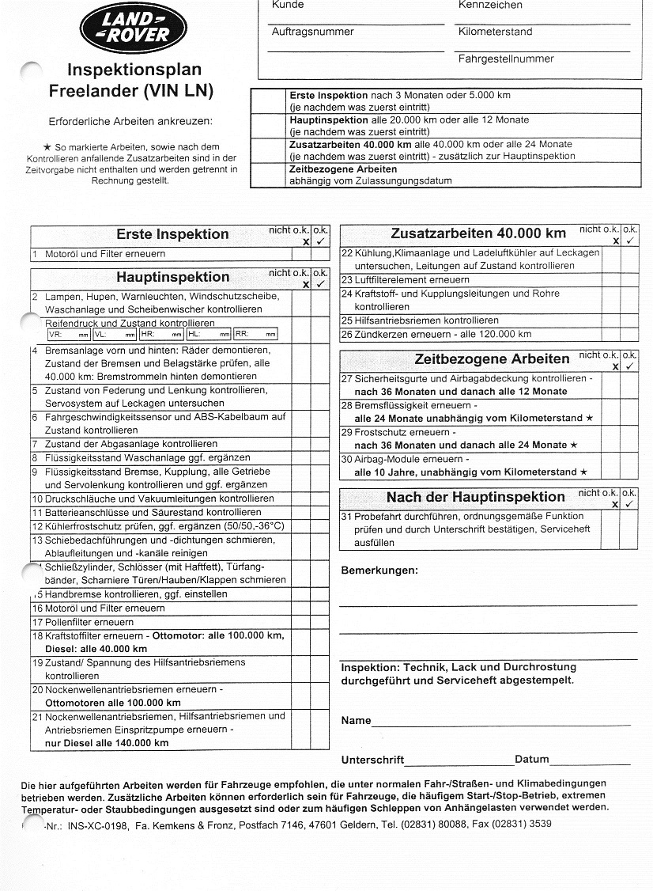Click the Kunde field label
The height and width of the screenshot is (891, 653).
[x=287, y=6]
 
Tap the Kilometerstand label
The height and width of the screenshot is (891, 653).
[x=495, y=32]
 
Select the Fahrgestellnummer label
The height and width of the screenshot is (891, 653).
[x=506, y=59]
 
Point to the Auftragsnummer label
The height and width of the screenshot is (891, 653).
[x=312, y=32]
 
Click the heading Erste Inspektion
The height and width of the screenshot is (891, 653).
[x=172, y=234]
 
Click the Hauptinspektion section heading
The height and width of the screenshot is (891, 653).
[x=172, y=277]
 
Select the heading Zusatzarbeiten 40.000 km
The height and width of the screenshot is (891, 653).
[x=478, y=233]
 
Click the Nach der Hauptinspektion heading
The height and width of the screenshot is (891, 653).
[x=475, y=497]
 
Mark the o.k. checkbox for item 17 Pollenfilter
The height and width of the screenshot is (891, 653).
[x=319, y=622]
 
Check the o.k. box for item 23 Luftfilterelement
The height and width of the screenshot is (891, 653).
[x=630, y=280]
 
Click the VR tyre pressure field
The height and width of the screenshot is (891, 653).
[x=69, y=335]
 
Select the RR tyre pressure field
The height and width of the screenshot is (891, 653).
[x=255, y=335]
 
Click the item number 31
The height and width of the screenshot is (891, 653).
[x=346, y=517]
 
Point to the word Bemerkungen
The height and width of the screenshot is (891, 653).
[x=379, y=571]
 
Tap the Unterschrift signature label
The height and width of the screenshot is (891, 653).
[x=372, y=760]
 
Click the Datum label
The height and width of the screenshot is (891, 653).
[x=531, y=760]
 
